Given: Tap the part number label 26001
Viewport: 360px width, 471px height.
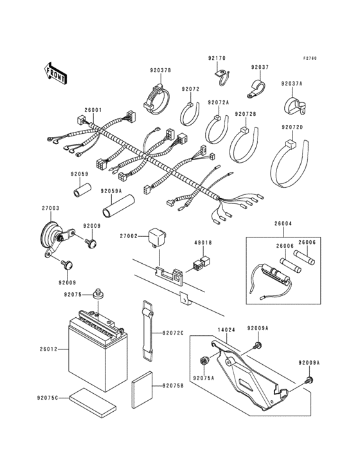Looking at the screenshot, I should (x=93, y=109).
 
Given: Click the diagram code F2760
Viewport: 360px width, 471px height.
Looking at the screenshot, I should (x=310, y=59).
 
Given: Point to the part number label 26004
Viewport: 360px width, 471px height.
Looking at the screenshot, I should (x=283, y=224).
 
